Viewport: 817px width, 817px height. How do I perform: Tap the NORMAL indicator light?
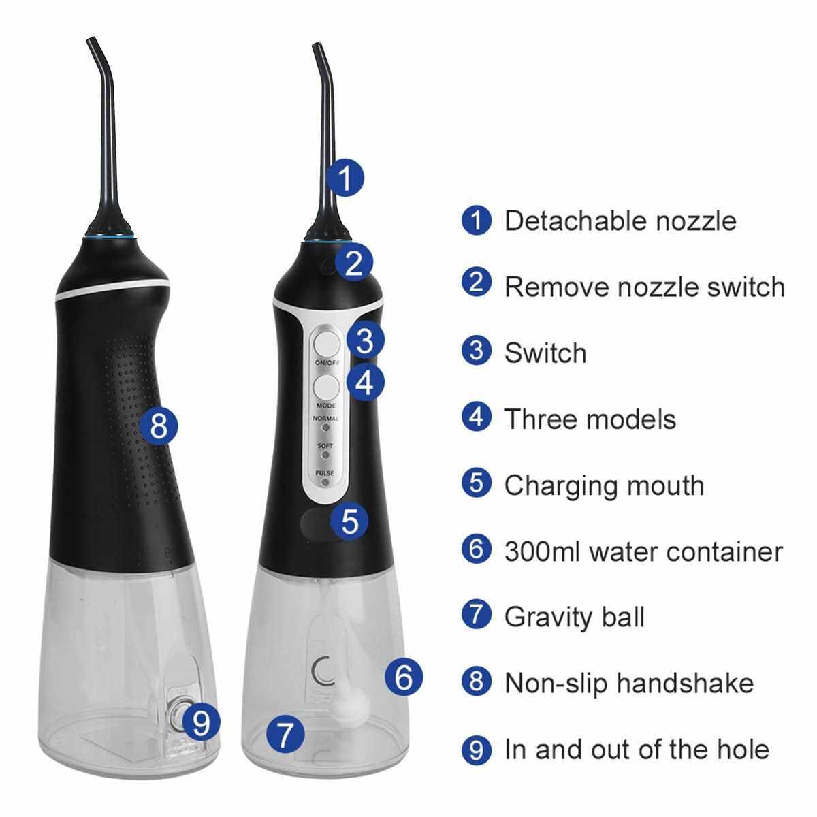(325, 428)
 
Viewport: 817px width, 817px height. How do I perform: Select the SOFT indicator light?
(325, 455)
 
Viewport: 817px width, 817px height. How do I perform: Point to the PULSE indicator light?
(325, 482)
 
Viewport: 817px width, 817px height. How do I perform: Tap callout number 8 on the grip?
(159, 426)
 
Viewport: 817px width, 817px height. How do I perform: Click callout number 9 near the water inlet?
(201, 723)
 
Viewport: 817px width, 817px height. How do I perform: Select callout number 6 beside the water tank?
(404, 677)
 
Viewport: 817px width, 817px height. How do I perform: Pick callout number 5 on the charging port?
(350, 521)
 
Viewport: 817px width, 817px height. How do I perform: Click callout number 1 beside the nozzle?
(346, 178)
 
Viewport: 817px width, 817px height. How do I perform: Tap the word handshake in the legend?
(679, 684)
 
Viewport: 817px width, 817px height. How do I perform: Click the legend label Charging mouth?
(604, 486)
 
